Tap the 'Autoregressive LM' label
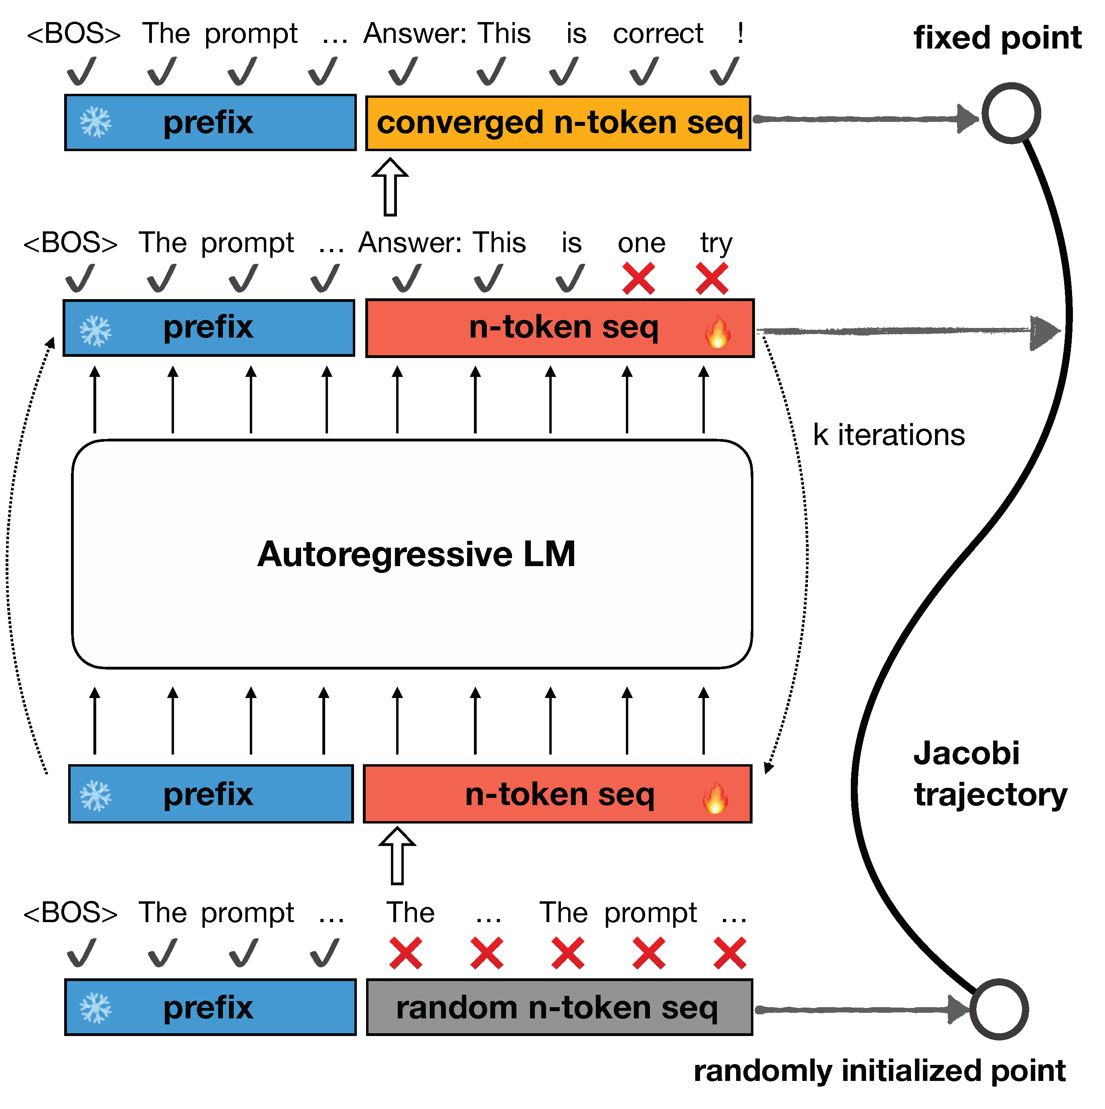pyautogui.click(x=416, y=554)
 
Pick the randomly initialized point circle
pyautogui.click(x=999, y=1009)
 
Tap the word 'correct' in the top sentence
pyautogui.click(x=658, y=33)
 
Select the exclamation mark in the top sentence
pyautogui.click(x=741, y=33)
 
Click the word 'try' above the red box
pyautogui.click(x=716, y=244)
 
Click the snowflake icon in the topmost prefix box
pyautogui.click(x=96, y=123)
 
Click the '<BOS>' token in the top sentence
pyautogui.click(x=74, y=33)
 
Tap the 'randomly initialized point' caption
pyautogui.click(x=879, y=1071)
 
